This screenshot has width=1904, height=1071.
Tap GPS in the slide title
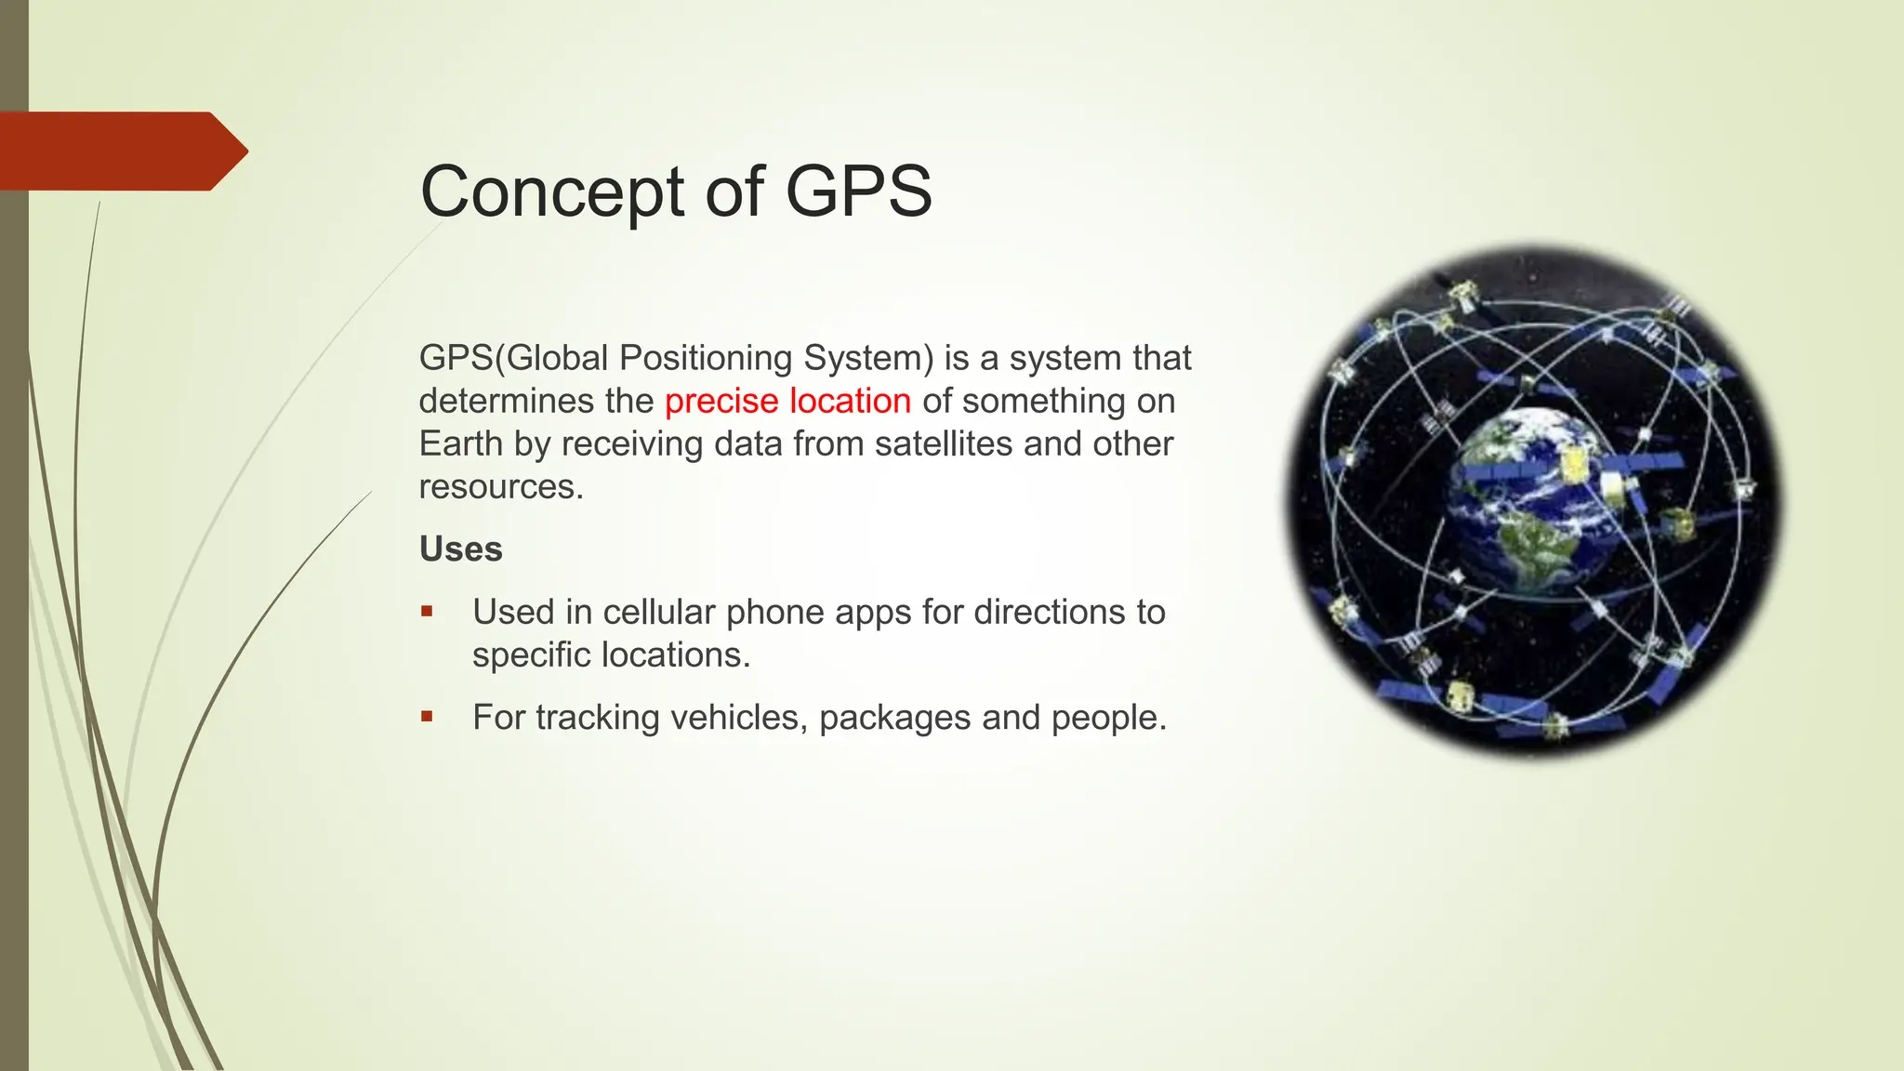coord(858,192)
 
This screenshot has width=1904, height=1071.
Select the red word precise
coord(721,401)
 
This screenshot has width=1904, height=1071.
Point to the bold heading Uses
coord(460,549)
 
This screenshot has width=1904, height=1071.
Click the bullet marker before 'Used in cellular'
coord(427,611)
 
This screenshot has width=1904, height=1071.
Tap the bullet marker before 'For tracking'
coord(427,716)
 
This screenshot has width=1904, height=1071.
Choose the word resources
coord(500,486)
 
